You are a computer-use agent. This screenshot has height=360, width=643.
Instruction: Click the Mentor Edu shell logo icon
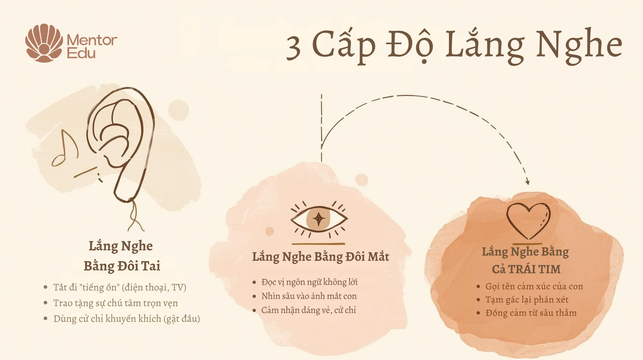tap(44, 43)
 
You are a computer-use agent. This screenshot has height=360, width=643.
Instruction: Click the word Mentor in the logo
tap(92, 40)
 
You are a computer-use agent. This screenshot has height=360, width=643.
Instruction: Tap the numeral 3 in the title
tap(294, 47)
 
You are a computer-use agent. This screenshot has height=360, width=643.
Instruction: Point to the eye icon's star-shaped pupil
tap(319, 219)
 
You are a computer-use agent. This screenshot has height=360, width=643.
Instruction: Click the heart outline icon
tap(528, 221)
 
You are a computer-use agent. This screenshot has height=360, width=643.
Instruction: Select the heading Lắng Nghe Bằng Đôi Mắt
tap(320, 257)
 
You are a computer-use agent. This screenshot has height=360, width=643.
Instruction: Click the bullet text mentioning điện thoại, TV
tap(119, 287)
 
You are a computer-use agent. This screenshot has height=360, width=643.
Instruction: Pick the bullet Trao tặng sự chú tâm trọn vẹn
tap(115, 303)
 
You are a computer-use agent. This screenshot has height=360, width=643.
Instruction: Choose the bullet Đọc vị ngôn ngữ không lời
tap(309, 282)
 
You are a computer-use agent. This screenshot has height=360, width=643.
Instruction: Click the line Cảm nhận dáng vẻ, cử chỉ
tap(308, 310)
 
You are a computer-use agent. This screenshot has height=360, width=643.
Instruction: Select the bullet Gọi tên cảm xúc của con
tap(534, 286)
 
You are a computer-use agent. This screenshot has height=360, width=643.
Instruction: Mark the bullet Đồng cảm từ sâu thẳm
tap(530, 313)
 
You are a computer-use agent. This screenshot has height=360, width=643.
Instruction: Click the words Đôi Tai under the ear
tap(139, 266)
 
